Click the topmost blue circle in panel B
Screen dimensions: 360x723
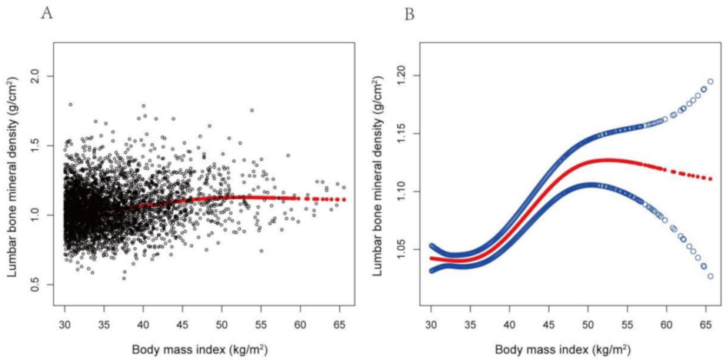(711, 81)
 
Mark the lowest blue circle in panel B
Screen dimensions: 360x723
(711, 276)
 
